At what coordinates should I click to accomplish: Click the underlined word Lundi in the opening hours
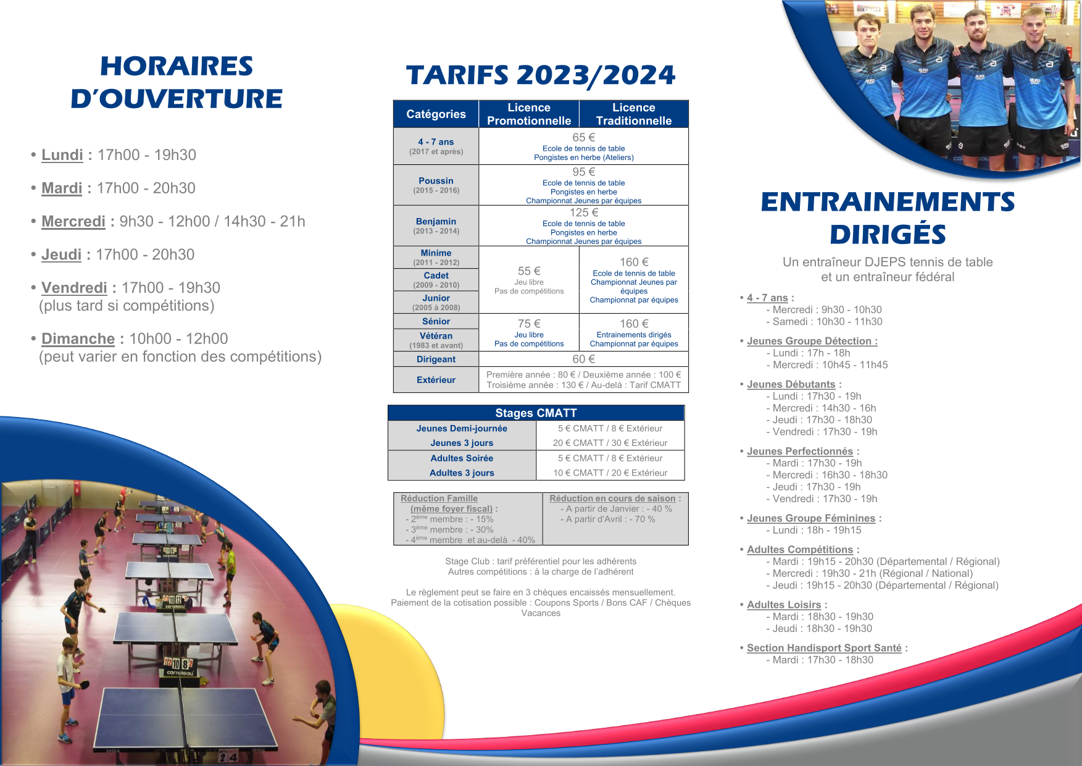pos(62,155)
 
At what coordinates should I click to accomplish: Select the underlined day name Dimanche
pos(78,339)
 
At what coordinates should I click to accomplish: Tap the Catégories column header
pos(436,114)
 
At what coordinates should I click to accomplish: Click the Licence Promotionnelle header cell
pos(529,114)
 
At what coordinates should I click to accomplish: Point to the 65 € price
pos(583,138)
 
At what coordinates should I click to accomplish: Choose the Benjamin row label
pos(436,221)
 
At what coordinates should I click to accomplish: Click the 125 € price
pos(583,213)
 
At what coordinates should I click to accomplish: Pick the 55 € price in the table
pos(529,271)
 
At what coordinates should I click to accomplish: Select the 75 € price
pos(529,324)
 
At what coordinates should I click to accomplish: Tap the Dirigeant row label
pos(436,360)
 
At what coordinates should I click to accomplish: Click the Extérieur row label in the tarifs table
pos(436,380)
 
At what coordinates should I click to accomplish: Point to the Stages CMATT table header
pos(536,413)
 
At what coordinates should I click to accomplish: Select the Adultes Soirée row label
pos(462,458)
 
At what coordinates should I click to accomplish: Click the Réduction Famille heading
pos(439,499)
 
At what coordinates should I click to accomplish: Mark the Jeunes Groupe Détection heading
pos(812,341)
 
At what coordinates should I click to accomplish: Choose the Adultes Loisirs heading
pos(784,605)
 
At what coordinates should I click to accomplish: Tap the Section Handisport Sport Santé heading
pos(824,648)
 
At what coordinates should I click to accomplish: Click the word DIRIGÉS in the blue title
pos(888,235)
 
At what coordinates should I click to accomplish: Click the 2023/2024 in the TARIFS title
pos(596,75)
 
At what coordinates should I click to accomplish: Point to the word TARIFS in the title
pos(457,75)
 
